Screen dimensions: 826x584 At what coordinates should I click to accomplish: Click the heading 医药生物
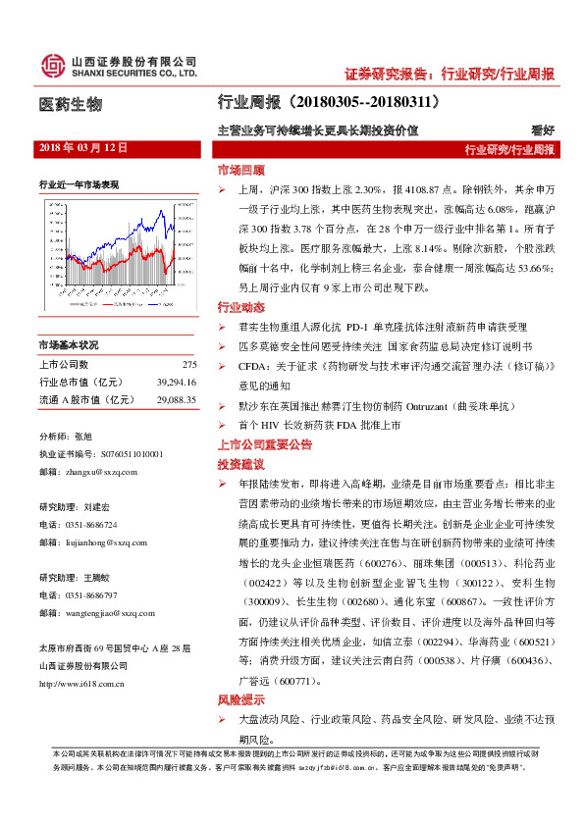coord(70,104)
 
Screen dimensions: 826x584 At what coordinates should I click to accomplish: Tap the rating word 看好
coord(543,129)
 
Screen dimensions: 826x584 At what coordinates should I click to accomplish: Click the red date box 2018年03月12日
coord(83,147)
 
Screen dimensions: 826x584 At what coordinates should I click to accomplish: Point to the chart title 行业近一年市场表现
coord(79,183)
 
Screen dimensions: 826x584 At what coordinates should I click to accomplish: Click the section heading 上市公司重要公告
coord(264,444)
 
